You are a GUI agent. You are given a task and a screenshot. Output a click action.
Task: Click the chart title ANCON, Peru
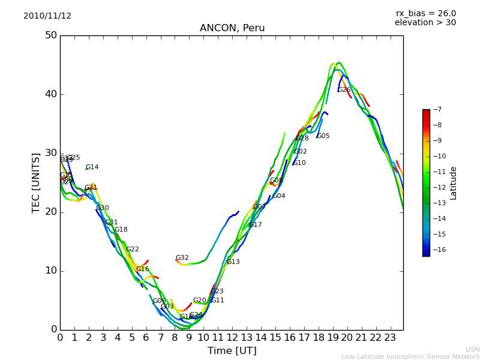click(x=232, y=28)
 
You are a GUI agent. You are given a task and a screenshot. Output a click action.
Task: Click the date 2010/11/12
click(x=47, y=16)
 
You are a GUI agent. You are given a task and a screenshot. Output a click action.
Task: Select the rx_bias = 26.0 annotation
click(x=425, y=14)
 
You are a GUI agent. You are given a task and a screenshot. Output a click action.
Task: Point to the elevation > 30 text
click(x=425, y=23)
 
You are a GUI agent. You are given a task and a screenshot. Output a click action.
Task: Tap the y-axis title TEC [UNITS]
click(x=36, y=182)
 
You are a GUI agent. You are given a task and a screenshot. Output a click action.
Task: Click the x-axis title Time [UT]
click(x=232, y=350)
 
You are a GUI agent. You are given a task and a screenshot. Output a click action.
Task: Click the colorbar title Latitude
click(x=454, y=183)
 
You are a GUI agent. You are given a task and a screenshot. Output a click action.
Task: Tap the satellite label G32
click(x=182, y=258)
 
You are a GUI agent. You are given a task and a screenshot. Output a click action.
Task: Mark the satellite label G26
click(x=344, y=90)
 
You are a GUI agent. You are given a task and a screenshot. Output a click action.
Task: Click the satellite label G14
click(x=92, y=167)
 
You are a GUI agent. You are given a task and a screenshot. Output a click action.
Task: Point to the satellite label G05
click(x=323, y=136)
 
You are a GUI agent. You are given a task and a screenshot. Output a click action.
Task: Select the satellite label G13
click(x=233, y=262)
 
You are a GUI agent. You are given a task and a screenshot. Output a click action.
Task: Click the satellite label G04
click(x=278, y=196)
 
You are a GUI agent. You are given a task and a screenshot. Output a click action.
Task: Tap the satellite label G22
click(x=132, y=250)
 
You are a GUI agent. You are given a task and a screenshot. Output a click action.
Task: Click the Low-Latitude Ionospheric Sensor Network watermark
click(x=410, y=356)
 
